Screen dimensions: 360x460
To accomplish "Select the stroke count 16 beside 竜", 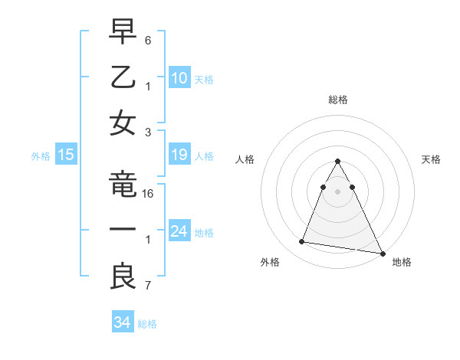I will (149, 194).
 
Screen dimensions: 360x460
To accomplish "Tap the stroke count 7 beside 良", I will (147, 286).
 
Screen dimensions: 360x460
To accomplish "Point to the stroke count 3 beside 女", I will (147, 131).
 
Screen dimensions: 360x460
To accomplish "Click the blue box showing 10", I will (179, 78).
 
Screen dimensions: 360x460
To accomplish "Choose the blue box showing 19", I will (179, 155).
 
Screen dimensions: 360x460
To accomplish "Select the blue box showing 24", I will (179, 231).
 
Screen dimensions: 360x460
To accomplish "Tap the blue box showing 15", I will (66, 155).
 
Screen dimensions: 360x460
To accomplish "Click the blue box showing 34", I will (122, 322).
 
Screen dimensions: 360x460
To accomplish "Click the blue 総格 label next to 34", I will (147, 324).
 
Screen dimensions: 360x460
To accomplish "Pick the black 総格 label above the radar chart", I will (337, 100).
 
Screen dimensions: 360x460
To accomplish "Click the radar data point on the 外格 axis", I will (302, 242).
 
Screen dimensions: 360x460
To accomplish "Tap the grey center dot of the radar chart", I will (337, 191).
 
